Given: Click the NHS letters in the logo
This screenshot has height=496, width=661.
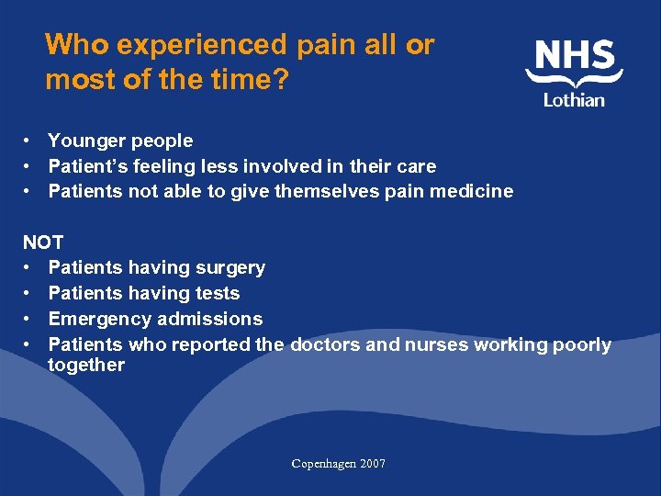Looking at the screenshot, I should [x=576, y=56].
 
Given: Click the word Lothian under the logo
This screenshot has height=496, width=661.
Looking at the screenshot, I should [x=574, y=99].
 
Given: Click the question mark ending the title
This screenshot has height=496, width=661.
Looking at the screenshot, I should [x=280, y=80].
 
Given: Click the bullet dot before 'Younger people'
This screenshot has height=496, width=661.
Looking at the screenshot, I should [x=29, y=141].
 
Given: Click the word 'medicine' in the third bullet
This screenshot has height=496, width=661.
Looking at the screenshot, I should [x=476, y=192].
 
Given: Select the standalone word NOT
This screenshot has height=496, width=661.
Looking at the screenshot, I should [x=43, y=242].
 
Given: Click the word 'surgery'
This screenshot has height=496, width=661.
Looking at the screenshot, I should [x=228, y=268].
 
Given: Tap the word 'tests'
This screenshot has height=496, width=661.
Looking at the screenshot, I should [x=218, y=294].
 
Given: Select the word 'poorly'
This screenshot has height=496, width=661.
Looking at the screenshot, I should [x=582, y=344].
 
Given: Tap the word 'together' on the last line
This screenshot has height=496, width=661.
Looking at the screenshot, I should [x=85, y=365].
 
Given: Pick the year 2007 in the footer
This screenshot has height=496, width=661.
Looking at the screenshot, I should [x=373, y=464].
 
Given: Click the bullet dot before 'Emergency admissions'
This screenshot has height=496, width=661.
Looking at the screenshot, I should [x=29, y=319].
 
